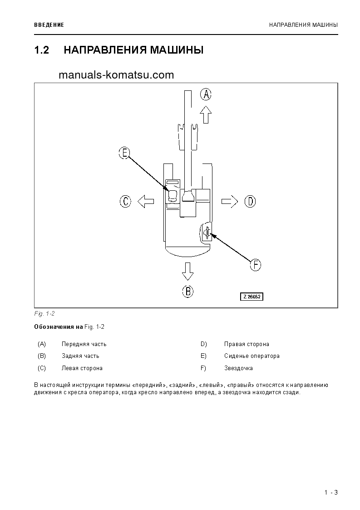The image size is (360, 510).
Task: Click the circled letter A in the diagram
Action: click(x=206, y=94)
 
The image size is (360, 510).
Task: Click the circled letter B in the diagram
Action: click(x=188, y=291)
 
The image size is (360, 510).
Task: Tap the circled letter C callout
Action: click(x=126, y=201)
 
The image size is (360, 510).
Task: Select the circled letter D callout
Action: click(x=250, y=201)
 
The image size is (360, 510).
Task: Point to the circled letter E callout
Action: click(x=124, y=153)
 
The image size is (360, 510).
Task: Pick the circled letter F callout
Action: click(x=256, y=265)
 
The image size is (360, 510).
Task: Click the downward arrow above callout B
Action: click(x=187, y=271)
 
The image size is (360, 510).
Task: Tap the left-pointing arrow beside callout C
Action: click(x=146, y=201)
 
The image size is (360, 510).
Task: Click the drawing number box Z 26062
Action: click(x=252, y=297)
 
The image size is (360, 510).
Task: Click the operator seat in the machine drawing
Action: click(x=173, y=195)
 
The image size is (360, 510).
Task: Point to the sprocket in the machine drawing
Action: click(x=207, y=233)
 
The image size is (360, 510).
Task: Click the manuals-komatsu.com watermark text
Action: click(x=116, y=75)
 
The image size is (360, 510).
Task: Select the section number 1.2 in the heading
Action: click(x=42, y=50)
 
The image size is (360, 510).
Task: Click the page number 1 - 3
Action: click(x=331, y=493)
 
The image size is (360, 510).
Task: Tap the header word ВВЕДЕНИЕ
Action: click(x=49, y=25)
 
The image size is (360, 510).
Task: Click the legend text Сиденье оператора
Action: click(x=252, y=356)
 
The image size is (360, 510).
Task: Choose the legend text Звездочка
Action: click(x=238, y=368)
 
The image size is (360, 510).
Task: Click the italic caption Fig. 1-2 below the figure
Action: click(x=44, y=313)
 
